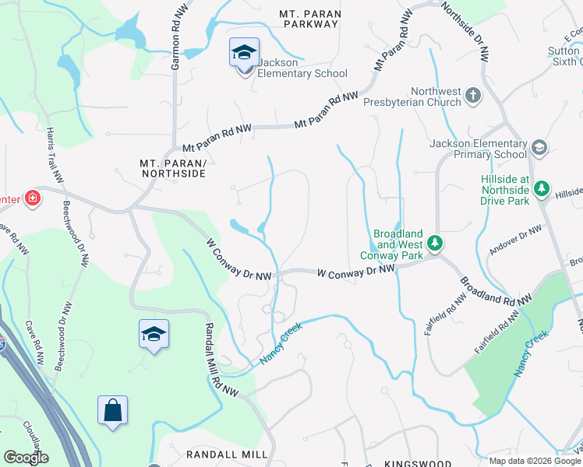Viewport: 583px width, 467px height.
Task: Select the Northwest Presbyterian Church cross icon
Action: click(x=472, y=97)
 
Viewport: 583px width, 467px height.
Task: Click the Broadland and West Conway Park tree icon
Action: click(x=437, y=244)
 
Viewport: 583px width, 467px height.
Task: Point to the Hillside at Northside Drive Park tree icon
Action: click(x=542, y=189)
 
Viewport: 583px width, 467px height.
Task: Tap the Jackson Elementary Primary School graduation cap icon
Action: click(x=539, y=148)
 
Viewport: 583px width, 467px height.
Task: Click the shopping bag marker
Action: click(x=112, y=411)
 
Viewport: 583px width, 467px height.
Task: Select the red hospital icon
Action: click(x=33, y=198)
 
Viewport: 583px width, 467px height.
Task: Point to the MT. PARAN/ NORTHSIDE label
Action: click(x=173, y=168)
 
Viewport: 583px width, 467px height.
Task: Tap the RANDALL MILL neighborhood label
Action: click(x=227, y=454)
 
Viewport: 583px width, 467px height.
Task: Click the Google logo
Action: click(x=26, y=458)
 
